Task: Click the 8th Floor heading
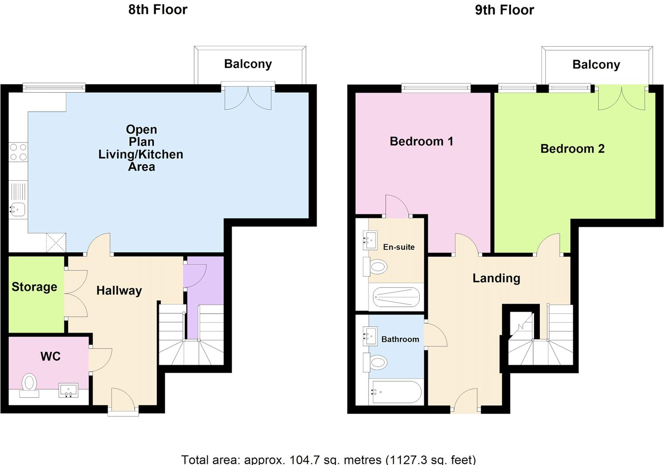tap(158, 9)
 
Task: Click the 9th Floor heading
tap(504, 10)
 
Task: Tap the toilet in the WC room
tap(30, 384)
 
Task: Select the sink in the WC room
tap(68, 391)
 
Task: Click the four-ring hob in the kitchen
tap(18, 152)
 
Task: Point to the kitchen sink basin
tap(18, 209)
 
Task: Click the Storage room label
tap(34, 287)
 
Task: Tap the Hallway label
tap(119, 290)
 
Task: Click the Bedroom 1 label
tap(421, 141)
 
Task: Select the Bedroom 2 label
tap(572, 148)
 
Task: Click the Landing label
tap(496, 278)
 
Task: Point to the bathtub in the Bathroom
tap(396, 392)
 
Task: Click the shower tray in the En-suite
tap(396, 297)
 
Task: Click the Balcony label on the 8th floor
tap(248, 64)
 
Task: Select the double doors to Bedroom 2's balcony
tap(621, 98)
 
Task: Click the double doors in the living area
tap(248, 98)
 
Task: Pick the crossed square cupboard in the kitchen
tap(56, 242)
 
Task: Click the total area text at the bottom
tap(328, 459)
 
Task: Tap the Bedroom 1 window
tap(436, 88)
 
